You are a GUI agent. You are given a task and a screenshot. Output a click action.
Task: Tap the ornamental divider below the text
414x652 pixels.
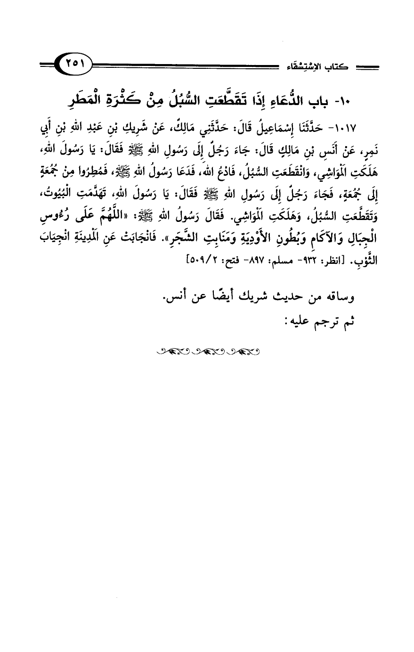(x=207, y=351)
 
